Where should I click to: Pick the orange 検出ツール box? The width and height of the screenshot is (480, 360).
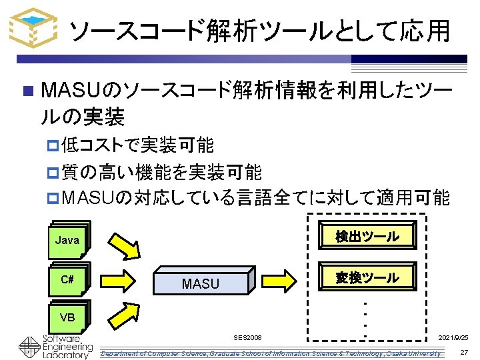click(x=367, y=236)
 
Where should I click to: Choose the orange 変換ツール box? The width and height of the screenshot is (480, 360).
click(x=367, y=277)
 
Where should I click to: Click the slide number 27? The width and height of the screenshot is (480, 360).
click(x=464, y=352)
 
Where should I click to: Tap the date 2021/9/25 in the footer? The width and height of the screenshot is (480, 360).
click(x=453, y=339)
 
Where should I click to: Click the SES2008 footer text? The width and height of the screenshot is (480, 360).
click(x=248, y=339)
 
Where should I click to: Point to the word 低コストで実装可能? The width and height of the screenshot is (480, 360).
click(x=137, y=144)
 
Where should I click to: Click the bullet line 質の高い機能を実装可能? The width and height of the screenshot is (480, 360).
click(x=160, y=172)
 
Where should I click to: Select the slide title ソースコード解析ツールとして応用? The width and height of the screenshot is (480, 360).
click(x=260, y=30)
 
